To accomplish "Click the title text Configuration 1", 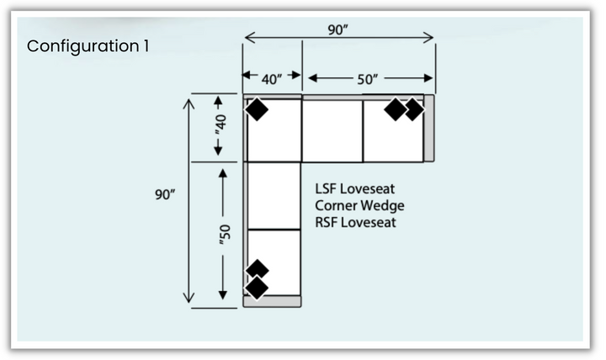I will click(x=88, y=45).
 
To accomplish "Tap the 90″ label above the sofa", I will click(x=338, y=29).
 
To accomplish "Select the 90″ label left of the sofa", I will click(x=165, y=194).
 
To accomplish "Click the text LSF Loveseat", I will click(x=355, y=189).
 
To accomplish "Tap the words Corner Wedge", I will click(x=359, y=205).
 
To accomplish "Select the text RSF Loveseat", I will click(x=355, y=222).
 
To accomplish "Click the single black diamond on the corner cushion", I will click(x=257, y=110).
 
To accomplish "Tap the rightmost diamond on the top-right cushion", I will click(x=413, y=110).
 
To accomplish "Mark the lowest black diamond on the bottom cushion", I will click(x=257, y=288).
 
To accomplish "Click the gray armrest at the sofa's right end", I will click(x=429, y=128).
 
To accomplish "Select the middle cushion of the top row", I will click(x=332, y=130).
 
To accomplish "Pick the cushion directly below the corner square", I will click(x=274, y=195).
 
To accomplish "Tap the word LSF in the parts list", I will click(x=327, y=189).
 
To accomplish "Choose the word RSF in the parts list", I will click(x=327, y=222).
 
